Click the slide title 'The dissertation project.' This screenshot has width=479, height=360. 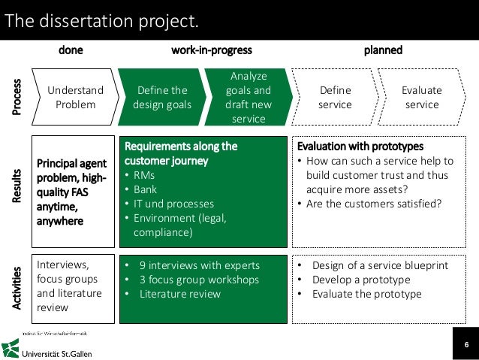click(x=102, y=20)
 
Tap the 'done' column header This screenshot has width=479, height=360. click(x=71, y=50)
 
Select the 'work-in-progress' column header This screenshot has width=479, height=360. click(x=212, y=50)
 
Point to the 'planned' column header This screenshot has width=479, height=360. click(x=383, y=50)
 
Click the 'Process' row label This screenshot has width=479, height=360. click(x=17, y=98)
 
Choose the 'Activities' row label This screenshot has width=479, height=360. click(x=17, y=289)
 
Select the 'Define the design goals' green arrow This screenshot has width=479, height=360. click(x=162, y=98)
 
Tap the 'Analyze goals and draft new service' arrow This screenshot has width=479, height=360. click(x=249, y=98)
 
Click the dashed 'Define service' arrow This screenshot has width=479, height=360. click(x=335, y=98)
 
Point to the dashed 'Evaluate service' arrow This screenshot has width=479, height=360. click(x=421, y=98)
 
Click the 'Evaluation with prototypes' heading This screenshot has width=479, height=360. click(x=360, y=146)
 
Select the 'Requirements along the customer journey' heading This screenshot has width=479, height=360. click(x=181, y=153)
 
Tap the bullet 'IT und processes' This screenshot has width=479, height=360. click(x=173, y=204)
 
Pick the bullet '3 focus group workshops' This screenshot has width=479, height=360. click(x=199, y=280)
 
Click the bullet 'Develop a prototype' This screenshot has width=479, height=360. click(x=361, y=280)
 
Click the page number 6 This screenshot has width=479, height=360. click(x=465, y=346)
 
